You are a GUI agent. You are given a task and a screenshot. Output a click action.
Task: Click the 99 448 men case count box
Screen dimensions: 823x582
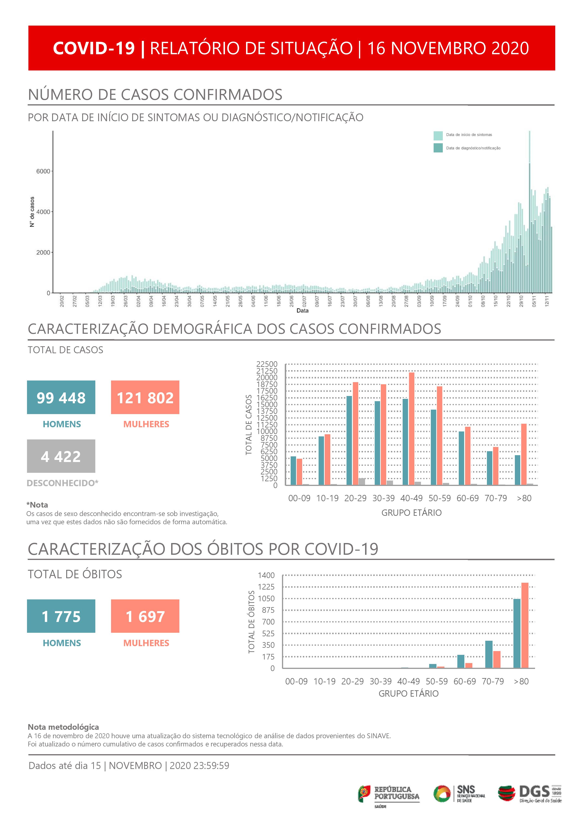tap(61, 397)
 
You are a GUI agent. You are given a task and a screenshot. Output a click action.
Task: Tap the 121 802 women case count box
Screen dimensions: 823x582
tap(145, 397)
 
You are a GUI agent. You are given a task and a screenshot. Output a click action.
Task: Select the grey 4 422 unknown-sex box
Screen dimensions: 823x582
tap(61, 456)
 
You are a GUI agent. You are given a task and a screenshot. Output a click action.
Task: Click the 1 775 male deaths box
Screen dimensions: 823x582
tap(61, 616)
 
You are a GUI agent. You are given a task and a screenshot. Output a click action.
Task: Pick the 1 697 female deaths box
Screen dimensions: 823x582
tap(145, 616)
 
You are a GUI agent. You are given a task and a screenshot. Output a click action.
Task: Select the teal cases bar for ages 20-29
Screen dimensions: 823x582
tap(349, 441)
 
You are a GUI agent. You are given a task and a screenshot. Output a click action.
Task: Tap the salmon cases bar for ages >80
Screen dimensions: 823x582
tap(524, 454)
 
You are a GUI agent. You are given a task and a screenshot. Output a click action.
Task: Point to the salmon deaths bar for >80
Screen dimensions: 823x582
tap(525, 625)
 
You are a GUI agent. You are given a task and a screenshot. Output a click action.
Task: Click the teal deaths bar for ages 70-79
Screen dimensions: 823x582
tap(489, 655)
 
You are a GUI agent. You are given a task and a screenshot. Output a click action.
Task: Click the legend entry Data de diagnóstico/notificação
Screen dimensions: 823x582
tap(473, 148)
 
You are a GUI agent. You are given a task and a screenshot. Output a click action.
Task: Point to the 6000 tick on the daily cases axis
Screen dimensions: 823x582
tap(43, 171)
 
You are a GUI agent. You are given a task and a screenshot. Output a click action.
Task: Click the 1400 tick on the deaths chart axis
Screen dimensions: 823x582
tap(266, 575)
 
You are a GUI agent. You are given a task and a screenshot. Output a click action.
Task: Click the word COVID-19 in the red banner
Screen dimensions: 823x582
tap(94, 48)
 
